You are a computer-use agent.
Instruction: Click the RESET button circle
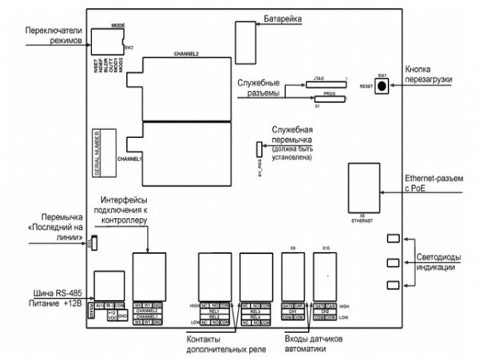(384, 85)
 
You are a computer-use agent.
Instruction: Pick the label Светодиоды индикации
(442, 261)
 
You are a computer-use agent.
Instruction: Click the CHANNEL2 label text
(185, 54)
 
